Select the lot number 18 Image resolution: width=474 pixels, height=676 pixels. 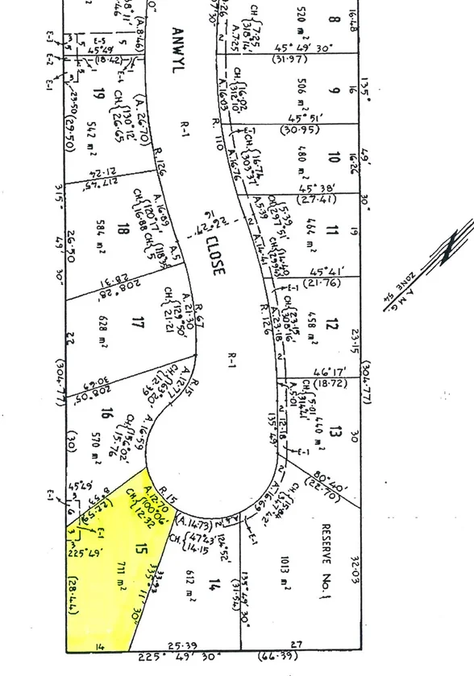coord(123,229)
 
